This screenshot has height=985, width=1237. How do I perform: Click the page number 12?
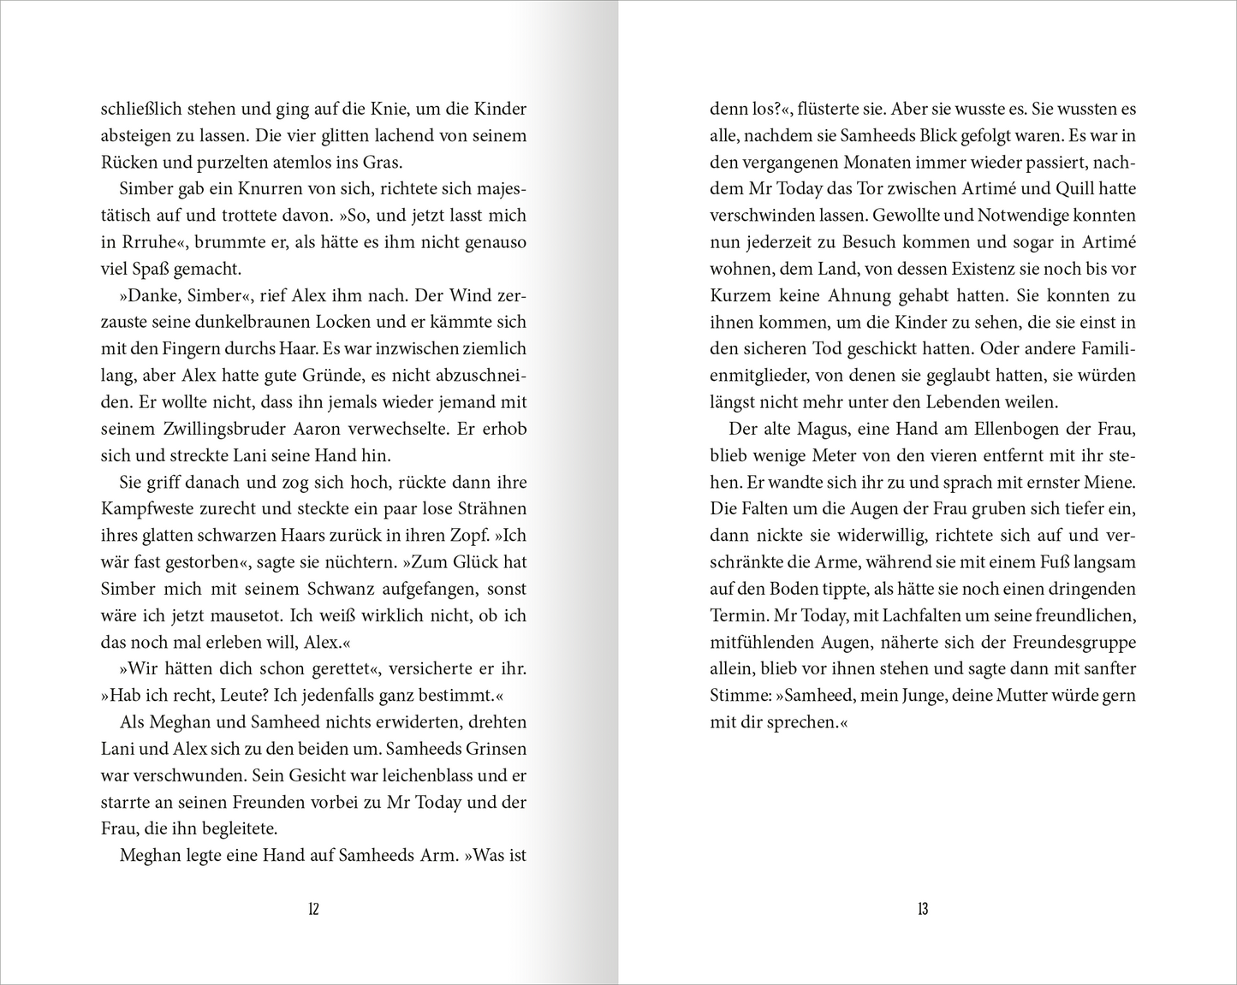click(x=313, y=909)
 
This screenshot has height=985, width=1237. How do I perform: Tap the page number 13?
click(x=922, y=909)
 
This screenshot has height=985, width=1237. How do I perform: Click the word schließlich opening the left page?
click(x=140, y=109)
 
